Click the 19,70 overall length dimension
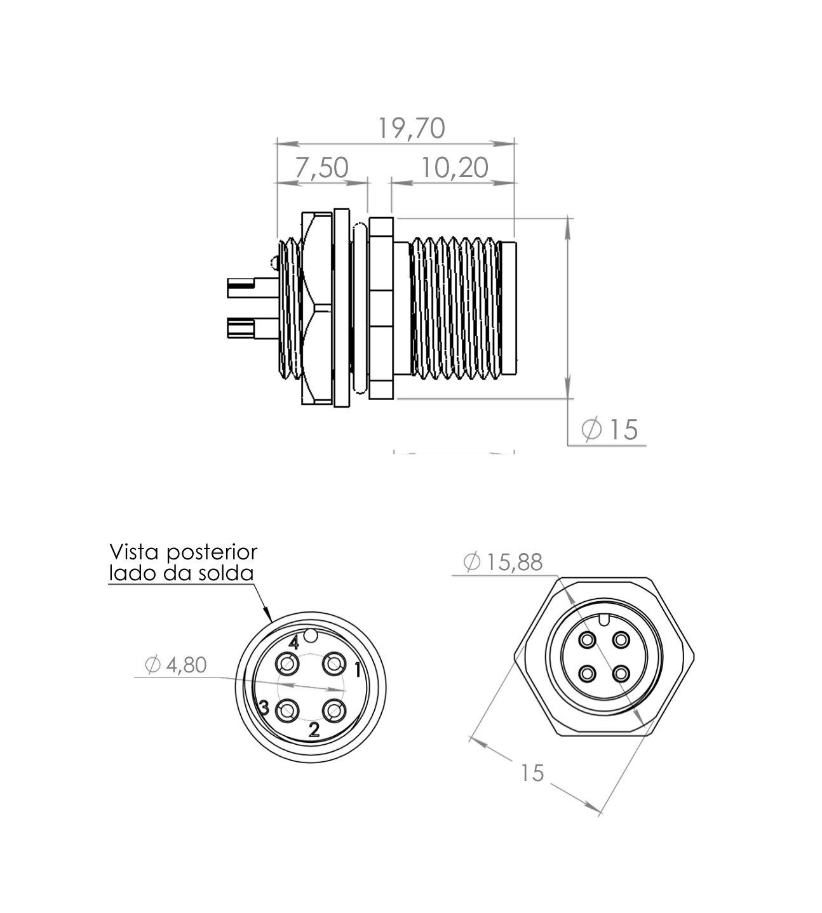click(411, 128)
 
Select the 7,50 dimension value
click(321, 168)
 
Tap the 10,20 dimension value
click(454, 168)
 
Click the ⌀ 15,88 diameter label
click(502, 562)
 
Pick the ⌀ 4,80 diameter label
click(176, 665)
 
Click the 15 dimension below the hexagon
click(532, 773)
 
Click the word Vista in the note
click(133, 552)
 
